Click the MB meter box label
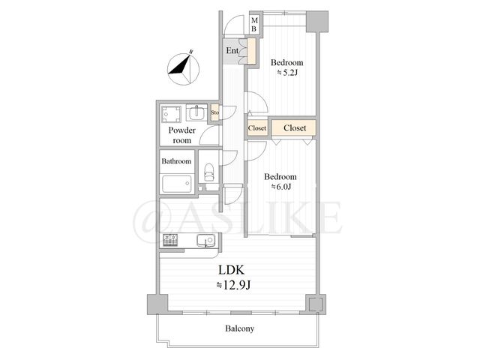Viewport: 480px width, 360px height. [254, 25]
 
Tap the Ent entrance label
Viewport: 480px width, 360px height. [232, 50]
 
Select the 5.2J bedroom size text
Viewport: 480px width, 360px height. [287, 73]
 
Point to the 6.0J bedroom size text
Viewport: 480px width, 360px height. [280, 187]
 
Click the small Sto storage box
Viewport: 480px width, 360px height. [214, 112]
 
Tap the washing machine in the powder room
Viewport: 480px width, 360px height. [171, 114]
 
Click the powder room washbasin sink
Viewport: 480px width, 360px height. [196, 112]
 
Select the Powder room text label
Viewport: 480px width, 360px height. [181, 135]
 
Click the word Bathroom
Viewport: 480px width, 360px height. [176, 161]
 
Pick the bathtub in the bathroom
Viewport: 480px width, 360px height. [177, 184]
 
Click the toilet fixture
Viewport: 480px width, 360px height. [208, 172]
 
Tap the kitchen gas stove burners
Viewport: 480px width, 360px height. [170, 240]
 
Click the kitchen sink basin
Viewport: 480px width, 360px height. [206, 240]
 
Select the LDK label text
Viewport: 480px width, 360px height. [231, 270]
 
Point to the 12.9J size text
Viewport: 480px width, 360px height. [233, 285]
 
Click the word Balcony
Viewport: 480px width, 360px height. [240, 328]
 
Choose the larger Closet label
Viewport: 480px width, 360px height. [295, 127]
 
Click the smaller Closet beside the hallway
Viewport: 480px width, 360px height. [257, 128]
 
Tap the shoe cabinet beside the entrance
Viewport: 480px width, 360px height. [251, 51]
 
